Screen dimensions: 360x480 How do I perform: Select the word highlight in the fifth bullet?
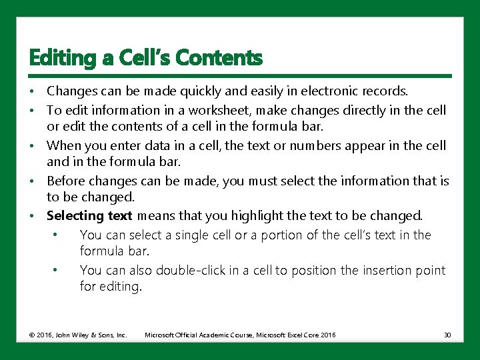pyautogui.click(x=257, y=216)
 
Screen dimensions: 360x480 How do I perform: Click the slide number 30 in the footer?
pyautogui.click(x=447, y=335)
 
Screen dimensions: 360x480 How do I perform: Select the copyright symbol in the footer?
pyautogui.click(x=32, y=335)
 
